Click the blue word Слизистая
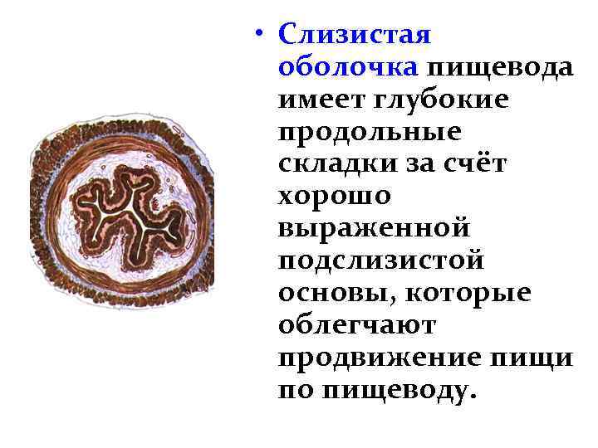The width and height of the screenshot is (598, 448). (x=355, y=35)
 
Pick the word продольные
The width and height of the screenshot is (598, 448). (x=370, y=130)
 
